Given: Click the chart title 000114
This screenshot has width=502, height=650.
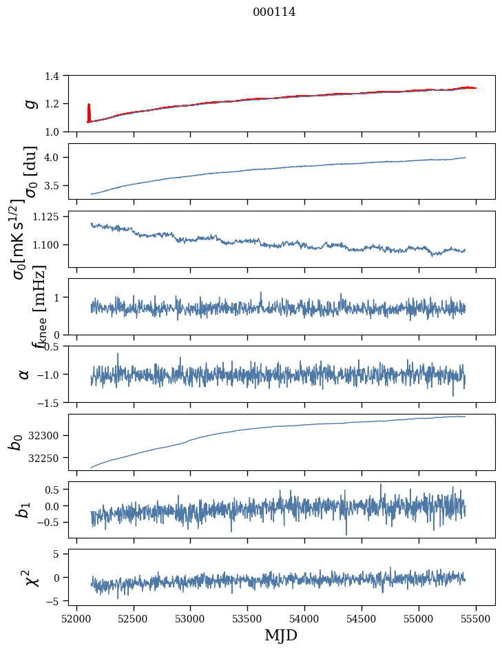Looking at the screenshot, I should (274, 12).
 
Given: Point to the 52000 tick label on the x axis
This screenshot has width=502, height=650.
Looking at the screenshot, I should (76, 618).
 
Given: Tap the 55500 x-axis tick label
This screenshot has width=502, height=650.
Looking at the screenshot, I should (476, 618).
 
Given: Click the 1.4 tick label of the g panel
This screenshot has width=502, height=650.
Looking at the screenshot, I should (59, 76).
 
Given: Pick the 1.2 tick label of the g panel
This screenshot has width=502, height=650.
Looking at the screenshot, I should (59, 103).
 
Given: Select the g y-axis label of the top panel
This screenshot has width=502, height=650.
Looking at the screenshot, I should (30, 103).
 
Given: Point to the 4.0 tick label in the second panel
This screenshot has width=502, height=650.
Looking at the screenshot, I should (59, 158).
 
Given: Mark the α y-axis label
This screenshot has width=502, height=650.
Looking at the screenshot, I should (25, 374).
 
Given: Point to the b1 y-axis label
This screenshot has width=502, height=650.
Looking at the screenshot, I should (23, 510).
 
